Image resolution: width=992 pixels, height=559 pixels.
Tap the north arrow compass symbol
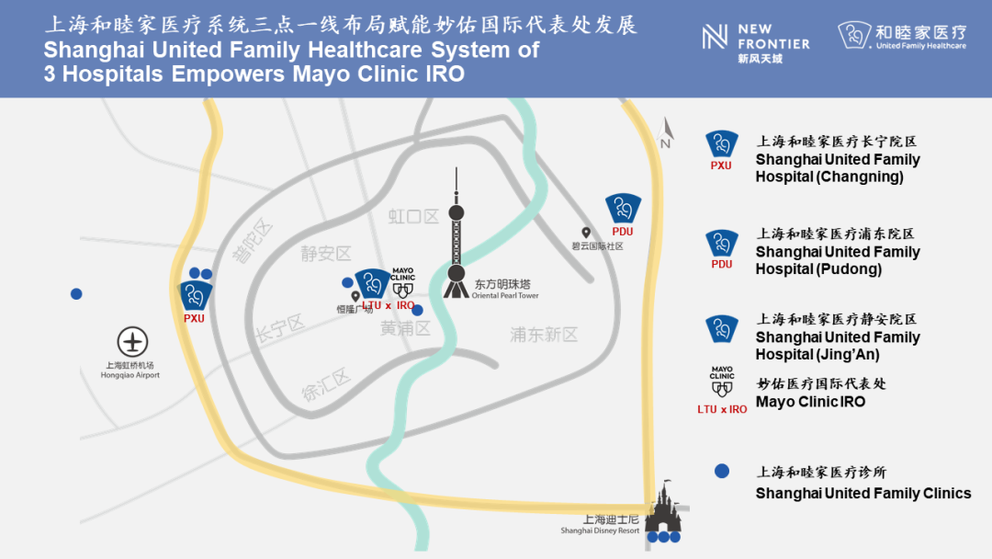(x=666, y=134)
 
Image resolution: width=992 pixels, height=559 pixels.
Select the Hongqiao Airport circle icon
(x=133, y=342)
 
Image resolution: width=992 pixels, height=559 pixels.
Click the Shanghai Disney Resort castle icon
(x=663, y=512)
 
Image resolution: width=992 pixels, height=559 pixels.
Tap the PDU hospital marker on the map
(x=623, y=209)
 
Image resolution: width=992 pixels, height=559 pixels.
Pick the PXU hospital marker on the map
(x=194, y=295)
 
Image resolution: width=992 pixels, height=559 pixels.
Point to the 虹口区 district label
(x=413, y=217)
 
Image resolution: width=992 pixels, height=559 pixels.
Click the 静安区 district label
(x=326, y=254)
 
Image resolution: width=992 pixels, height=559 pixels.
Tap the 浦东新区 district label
(x=544, y=335)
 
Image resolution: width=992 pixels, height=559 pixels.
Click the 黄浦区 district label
(x=405, y=328)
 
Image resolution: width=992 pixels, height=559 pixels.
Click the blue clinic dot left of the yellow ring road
(x=76, y=294)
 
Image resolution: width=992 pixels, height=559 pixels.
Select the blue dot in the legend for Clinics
(x=721, y=471)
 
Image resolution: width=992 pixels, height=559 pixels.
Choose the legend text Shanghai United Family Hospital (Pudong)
(x=837, y=260)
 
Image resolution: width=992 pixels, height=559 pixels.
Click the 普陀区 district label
(x=254, y=240)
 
